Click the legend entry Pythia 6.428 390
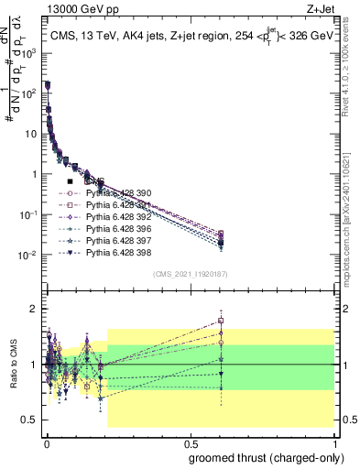coord(119,193)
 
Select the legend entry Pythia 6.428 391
coord(119,205)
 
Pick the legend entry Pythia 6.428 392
coord(119,216)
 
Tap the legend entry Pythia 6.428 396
coord(119,228)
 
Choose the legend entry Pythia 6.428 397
coord(119,240)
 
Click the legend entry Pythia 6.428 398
coord(119,252)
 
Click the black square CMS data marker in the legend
coord(71,181)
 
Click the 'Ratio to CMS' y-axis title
coord(12,364)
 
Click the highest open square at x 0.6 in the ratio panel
coord(221,322)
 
